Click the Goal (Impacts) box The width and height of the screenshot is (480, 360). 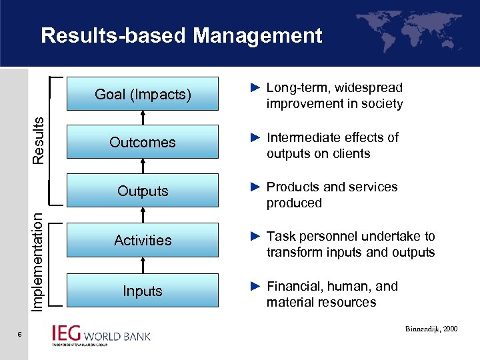[x=143, y=94]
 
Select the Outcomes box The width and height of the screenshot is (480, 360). [x=143, y=142]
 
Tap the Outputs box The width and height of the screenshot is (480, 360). [x=143, y=191]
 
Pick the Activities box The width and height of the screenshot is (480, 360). [x=143, y=240]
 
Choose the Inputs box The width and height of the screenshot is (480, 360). [x=143, y=291]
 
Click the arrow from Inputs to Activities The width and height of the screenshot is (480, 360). [x=143, y=266]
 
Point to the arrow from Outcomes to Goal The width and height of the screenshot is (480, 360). [x=143, y=118]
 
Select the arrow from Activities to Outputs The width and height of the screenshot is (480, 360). [x=143, y=215]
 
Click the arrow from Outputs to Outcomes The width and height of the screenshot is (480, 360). [x=143, y=166]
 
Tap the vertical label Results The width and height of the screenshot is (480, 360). [x=39, y=139]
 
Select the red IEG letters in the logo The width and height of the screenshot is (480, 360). [x=67, y=333]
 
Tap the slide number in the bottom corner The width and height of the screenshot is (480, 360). [x=20, y=335]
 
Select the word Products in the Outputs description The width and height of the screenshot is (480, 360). [x=293, y=187]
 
